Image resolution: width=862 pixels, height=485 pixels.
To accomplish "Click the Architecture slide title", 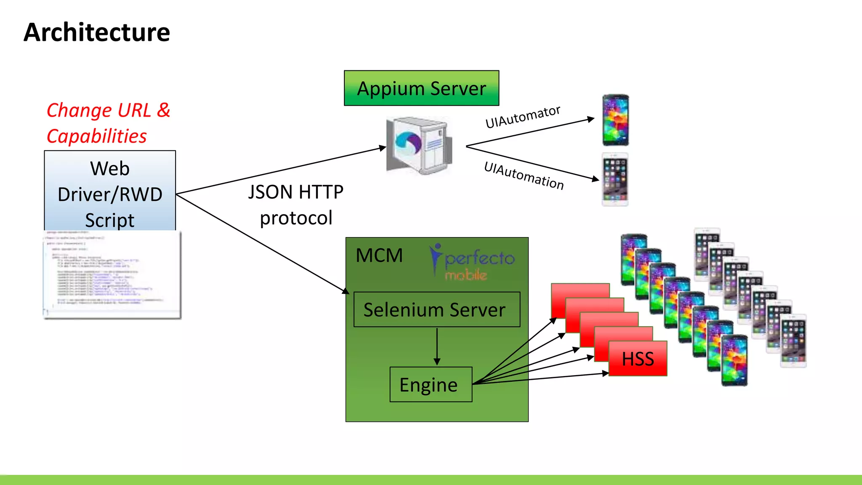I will coord(97,32).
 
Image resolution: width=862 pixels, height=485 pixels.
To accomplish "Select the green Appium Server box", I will coord(421,88).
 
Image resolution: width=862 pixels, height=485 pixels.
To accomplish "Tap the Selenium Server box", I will coord(436,310).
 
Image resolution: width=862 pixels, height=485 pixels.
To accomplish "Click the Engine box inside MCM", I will coord(431,385).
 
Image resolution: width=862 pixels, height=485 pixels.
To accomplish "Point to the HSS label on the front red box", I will coord(638,359).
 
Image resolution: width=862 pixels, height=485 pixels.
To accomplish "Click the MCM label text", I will coord(379,256).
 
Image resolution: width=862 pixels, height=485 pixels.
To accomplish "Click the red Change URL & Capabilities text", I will coord(108,123).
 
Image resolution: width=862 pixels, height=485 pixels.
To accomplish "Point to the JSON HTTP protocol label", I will coord(296,205).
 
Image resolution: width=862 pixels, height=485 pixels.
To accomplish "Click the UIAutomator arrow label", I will coord(522,117).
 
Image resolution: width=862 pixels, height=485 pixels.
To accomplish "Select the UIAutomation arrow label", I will coord(524,176).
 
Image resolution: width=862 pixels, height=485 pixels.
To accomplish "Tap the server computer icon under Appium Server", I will coord(419,146).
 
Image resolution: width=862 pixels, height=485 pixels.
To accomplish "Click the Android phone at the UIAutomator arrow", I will coord(615,120).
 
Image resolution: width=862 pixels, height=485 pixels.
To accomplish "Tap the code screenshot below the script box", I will coord(112,274).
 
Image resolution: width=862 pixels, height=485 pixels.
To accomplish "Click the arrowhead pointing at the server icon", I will coord(382,148).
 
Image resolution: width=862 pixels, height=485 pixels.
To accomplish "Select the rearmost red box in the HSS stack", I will coord(580,290).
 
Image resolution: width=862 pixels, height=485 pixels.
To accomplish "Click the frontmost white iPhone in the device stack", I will coord(793,341).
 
